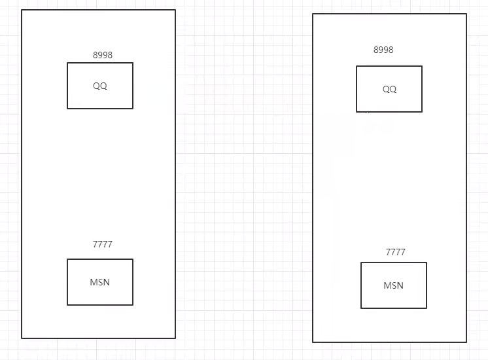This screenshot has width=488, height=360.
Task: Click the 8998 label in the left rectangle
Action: coord(103,55)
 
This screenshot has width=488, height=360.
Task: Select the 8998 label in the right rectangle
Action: coord(383,50)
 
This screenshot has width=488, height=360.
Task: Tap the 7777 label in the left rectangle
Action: coord(103,244)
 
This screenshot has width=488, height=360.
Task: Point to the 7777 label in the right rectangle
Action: coord(396,252)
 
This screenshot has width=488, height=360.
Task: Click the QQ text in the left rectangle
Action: coord(100,86)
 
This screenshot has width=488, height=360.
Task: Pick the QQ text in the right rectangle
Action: coord(389,90)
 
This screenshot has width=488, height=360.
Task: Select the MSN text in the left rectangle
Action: coord(100,282)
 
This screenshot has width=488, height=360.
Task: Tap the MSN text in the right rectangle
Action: coord(394,285)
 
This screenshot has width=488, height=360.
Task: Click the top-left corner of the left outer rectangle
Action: coord(22,10)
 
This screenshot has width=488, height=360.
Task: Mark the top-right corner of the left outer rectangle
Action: coord(175,10)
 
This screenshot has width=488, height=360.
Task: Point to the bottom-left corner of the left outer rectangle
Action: coord(22,338)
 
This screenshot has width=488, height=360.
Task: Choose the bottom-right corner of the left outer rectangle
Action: coord(175,338)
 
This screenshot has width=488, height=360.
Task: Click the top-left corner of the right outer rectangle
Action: coord(313,14)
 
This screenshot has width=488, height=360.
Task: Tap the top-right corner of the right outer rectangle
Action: coord(466,14)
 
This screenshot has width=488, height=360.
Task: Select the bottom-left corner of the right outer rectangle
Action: coord(313,342)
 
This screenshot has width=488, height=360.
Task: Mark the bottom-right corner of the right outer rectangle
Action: coord(466,342)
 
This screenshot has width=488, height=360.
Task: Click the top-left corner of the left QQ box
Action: coord(67,63)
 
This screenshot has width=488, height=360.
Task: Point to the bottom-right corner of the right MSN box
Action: coord(427,308)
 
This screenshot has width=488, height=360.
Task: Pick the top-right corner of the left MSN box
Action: coord(133,259)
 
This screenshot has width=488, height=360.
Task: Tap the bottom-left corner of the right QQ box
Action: coord(357,112)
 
